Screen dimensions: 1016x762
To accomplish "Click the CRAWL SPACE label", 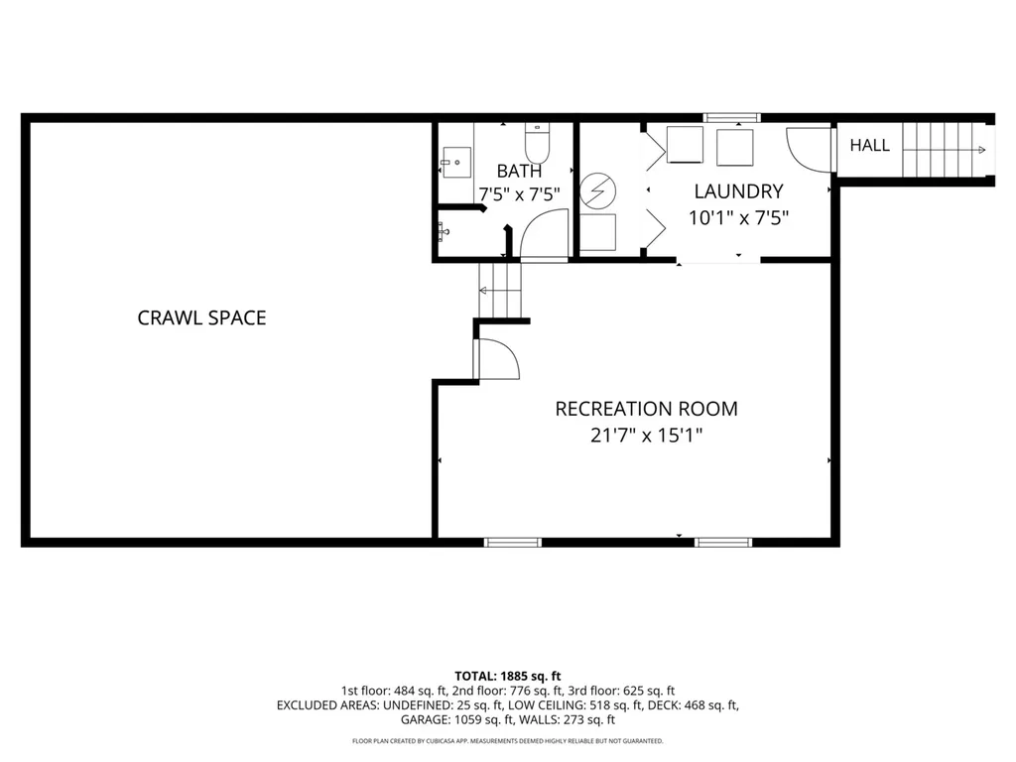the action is pos(201,317).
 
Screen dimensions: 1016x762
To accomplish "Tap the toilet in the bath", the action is pos(537,143).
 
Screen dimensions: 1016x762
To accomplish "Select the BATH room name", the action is pos(519,171).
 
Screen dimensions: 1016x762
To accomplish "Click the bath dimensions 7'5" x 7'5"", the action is pos(519,193).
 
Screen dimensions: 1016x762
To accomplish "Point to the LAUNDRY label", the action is pos(738,191).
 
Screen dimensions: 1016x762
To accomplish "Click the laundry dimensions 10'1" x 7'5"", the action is pos(738,217).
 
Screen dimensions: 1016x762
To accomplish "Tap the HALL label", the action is pos(869,145).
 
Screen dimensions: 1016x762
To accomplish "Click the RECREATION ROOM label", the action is pos(646,409).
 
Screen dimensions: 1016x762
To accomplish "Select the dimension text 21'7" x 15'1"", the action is pos(646,435).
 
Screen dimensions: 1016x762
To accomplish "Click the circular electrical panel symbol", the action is pos(597,190).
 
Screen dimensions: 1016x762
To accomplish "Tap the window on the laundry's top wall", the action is pos(731,118).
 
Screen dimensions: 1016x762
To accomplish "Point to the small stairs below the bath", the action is pos(500,291).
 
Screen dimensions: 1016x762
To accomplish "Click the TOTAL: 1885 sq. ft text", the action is pos(507,677).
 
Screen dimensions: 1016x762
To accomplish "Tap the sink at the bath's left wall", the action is pos(455,162).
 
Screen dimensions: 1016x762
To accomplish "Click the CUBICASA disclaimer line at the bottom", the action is pos(507,741).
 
